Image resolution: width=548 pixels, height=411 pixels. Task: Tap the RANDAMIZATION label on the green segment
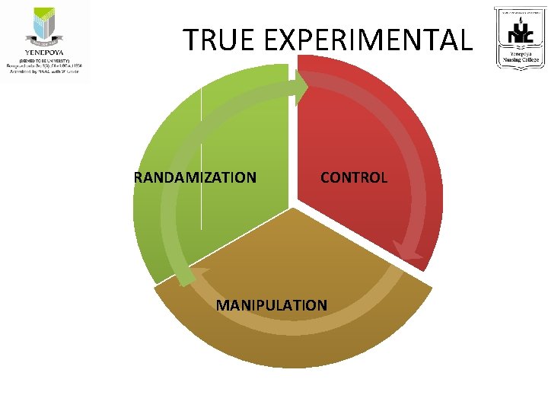[x=195, y=178]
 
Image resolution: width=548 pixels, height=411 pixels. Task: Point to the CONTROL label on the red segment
[x=354, y=178]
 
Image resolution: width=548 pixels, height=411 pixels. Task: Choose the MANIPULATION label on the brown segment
[x=272, y=305]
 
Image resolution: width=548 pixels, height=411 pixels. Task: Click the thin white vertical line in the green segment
[x=202, y=152]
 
